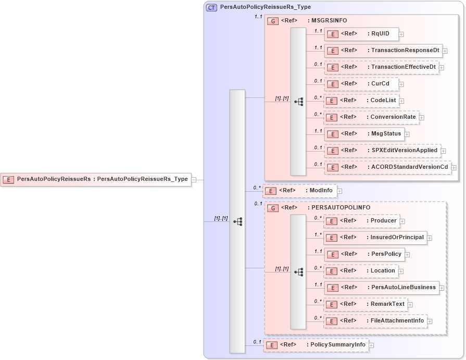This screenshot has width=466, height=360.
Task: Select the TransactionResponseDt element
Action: [383, 51]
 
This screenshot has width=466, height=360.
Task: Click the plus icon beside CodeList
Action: [401, 101]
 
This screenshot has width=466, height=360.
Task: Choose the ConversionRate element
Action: [371, 117]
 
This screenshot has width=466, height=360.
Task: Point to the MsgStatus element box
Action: [364, 134]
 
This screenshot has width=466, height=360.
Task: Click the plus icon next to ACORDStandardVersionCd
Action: [454, 168]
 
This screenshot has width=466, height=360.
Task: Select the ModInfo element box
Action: [299, 191]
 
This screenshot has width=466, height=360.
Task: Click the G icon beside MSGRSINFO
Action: [272, 21]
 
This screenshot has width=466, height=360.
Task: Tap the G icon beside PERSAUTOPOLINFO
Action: [272, 208]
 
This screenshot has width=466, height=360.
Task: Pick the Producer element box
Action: [361, 221]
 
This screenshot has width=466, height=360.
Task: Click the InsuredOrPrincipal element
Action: [375, 238]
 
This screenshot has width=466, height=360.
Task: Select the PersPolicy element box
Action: [364, 254]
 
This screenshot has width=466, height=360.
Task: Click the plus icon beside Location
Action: [400, 271]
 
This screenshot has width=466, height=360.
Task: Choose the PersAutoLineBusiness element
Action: [381, 288]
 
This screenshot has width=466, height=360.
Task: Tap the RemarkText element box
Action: [366, 304]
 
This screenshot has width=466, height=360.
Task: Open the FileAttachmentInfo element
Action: [375, 321]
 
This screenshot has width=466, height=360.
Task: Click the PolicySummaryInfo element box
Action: [316, 345]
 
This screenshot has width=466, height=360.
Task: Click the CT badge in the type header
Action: [211, 8]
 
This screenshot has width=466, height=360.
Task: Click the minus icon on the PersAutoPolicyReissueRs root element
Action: [194, 180]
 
